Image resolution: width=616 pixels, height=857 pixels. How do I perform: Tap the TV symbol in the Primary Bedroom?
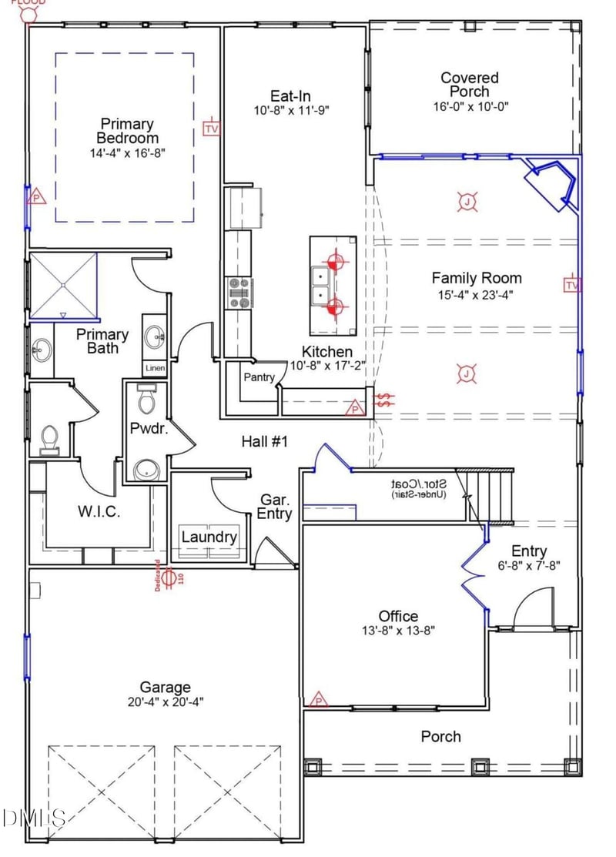pos(211,128)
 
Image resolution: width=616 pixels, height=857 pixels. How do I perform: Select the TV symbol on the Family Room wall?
pos(571,285)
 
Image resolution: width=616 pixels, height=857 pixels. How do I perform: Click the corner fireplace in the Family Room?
pos(551,183)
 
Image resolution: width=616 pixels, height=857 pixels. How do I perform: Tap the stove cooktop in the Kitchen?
pos(239,293)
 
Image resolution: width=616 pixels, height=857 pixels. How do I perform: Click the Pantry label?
pos(259,377)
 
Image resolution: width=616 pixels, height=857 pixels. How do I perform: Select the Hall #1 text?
pos(264,441)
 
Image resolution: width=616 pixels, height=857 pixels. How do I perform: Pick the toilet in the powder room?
pos(146,398)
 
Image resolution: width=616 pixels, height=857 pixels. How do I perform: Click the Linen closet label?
pos(155,368)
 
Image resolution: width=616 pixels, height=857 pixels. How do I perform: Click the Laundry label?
pos(209,537)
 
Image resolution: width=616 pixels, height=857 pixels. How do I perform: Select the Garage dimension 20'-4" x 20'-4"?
pos(165,701)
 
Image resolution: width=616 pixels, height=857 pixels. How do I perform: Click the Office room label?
pos(398,615)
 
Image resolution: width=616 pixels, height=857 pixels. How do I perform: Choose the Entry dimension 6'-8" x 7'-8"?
pos(529,564)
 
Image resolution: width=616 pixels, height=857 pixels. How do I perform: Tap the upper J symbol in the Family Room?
pos(467,203)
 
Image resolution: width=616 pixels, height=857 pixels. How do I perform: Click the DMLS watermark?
pos(32,817)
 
